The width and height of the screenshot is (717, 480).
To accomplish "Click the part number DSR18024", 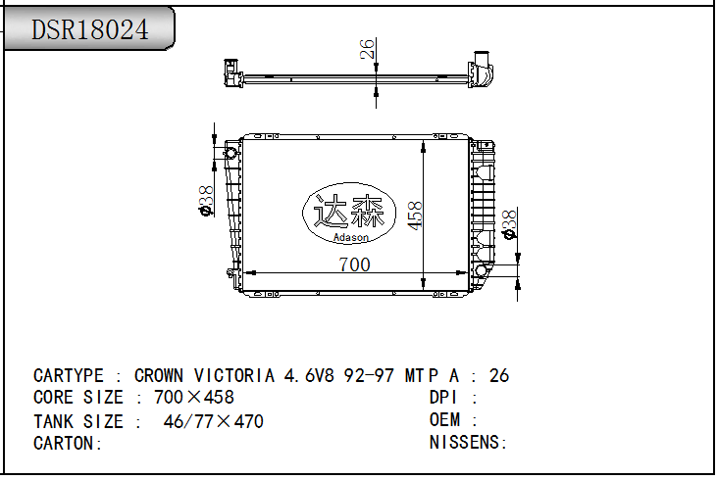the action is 90,29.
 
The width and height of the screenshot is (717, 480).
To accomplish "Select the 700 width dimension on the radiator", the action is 354,264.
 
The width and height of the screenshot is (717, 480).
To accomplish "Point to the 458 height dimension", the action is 415,216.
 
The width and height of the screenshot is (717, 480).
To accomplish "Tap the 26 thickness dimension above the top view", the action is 367,49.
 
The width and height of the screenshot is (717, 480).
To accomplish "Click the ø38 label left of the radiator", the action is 206,201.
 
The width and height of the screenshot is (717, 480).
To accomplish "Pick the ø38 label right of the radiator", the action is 509,224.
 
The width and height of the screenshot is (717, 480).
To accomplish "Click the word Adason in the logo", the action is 351,237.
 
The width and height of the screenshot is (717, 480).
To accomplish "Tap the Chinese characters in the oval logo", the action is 348,211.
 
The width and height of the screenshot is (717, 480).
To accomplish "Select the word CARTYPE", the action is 69,376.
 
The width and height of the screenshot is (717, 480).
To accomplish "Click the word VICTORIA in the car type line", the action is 234,376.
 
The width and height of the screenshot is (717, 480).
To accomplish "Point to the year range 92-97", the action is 369,376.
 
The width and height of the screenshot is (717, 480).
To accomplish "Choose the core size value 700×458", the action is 194,398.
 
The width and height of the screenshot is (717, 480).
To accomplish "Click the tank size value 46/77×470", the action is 213,421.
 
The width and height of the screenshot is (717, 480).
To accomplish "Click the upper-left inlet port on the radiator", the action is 231,153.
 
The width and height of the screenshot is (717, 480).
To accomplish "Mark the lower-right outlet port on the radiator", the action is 481,270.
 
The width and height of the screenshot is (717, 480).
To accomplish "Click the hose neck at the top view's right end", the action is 482,60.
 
